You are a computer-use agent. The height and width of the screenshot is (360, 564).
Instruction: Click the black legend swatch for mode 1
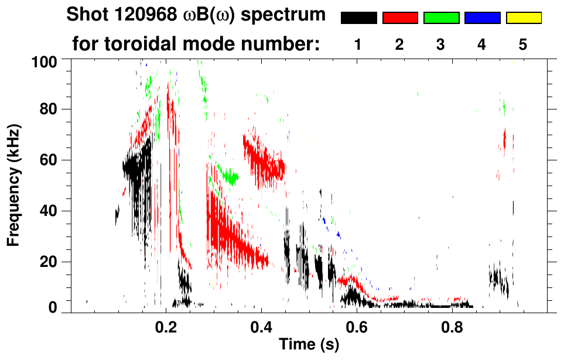tap(359, 18)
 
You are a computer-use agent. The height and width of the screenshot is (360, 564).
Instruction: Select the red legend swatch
tap(400, 18)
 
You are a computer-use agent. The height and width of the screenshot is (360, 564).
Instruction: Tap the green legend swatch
tap(441, 18)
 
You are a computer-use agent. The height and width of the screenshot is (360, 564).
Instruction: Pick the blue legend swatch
tap(482, 18)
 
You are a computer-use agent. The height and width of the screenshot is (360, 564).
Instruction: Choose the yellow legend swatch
tap(523, 18)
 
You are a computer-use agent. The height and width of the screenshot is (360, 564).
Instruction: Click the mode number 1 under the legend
tap(358, 45)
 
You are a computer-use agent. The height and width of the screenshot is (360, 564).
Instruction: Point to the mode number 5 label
tap(523, 45)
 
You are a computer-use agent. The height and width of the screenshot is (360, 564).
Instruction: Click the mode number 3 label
tap(441, 45)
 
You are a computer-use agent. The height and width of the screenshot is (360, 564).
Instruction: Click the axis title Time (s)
tap(309, 345)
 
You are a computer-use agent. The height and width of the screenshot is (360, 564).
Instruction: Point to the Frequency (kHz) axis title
tap(13, 184)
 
